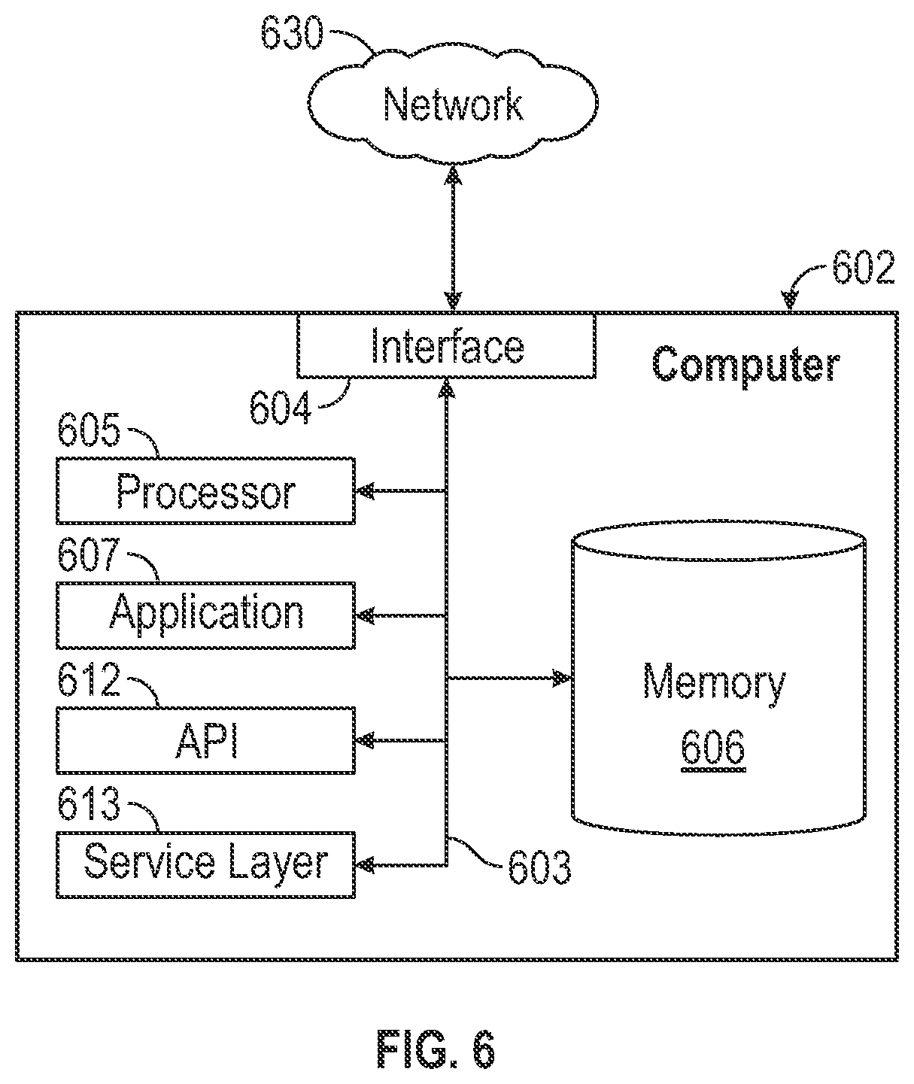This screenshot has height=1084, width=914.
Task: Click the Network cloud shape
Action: click(452, 105)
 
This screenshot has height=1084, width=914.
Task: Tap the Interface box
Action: click(446, 346)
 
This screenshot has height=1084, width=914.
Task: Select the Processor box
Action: click(205, 490)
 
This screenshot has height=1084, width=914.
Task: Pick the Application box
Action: click(205, 615)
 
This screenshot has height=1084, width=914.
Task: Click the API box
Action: click(205, 740)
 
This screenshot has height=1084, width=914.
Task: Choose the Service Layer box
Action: click(205, 865)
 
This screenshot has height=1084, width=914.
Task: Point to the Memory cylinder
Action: click(718, 680)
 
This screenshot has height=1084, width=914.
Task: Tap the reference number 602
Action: click(864, 267)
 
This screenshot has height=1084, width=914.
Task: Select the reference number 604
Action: click(281, 408)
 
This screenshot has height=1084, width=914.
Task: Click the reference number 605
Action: click(89, 430)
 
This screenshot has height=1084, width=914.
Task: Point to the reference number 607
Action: click(89, 554)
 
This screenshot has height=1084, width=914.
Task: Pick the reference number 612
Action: click(89, 679)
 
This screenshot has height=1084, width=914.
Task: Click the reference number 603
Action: click(539, 867)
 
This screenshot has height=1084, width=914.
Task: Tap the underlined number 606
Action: click(713, 746)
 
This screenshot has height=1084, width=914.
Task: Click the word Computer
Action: click(745, 366)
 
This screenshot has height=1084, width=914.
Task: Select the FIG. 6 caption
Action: click(436, 1049)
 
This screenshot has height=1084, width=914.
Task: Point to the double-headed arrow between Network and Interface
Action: click(454, 238)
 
